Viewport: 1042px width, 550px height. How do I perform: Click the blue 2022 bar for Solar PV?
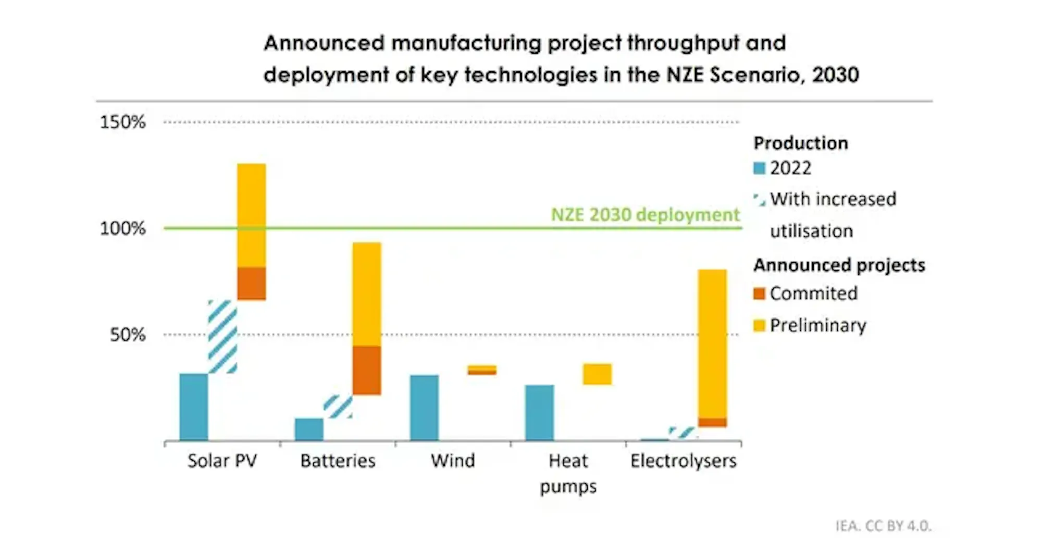pyautogui.click(x=194, y=407)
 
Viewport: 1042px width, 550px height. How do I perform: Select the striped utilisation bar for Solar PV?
pyautogui.click(x=222, y=337)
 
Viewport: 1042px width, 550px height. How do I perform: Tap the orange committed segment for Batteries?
pyautogui.click(x=367, y=370)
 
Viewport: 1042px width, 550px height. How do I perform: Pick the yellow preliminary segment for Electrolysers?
pyautogui.click(x=712, y=344)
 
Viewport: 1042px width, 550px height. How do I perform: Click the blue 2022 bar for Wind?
pyautogui.click(x=424, y=408)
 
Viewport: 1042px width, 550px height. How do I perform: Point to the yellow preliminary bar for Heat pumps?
pyautogui.click(x=597, y=374)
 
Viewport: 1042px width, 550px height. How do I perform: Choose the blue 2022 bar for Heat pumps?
pyautogui.click(x=540, y=413)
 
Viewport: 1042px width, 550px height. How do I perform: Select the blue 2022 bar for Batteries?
pyautogui.click(x=309, y=429)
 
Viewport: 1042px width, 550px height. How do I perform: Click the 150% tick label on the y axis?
pyautogui.click(x=123, y=122)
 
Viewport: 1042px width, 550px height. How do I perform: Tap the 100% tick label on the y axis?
pyautogui.click(x=123, y=228)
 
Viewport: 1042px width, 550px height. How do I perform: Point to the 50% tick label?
pyautogui.click(x=128, y=335)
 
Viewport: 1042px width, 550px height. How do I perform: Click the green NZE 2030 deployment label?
pyautogui.click(x=645, y=215)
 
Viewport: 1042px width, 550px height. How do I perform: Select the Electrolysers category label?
pyautogui.click(x=683, y=461)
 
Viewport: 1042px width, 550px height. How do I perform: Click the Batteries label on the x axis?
pyautogui.click(x=338, y=461)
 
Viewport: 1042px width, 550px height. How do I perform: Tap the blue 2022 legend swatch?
pyautogui.click(x=759, y=168)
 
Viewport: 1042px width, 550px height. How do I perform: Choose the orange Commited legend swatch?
pyautogui.click(x=759, y=294)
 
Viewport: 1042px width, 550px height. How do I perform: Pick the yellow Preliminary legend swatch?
pyautogui.click(x=759, y=326)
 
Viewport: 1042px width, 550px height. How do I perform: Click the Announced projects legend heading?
pyautogui.click(x=839, y=265)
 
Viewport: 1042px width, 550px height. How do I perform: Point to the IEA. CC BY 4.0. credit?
pyautogui.click(x=883, y=526)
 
